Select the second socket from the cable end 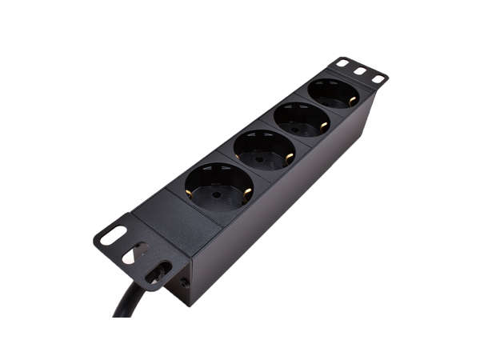[264, 153]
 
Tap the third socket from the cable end [303, 122]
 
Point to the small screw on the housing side [185, 282]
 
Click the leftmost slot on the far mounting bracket [342, 62]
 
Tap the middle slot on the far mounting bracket [360, 71]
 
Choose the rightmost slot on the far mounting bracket [375, 80]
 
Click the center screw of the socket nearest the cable [214, 194]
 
